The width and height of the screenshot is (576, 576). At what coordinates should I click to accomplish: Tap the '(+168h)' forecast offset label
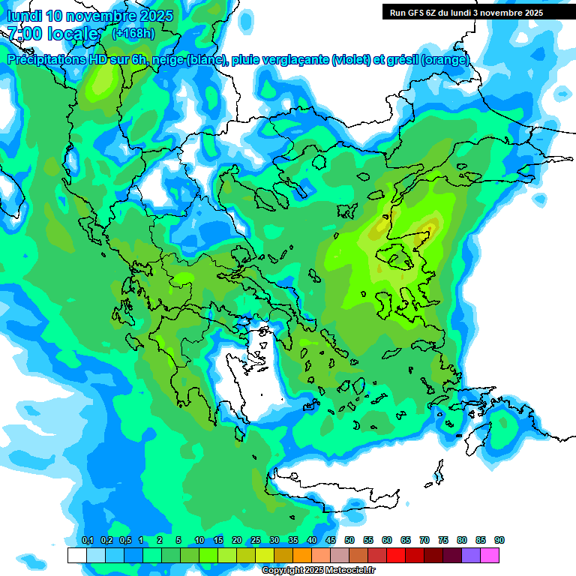tap(133, 33)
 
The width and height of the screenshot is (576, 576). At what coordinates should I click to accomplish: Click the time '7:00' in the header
tap(24, 34)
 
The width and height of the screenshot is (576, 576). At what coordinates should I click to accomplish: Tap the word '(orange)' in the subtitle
tap(448, 60)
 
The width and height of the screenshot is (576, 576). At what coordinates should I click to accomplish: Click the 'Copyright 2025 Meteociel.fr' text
tap(319, 571)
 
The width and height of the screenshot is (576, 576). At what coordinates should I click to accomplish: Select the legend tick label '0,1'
tap(87, 541)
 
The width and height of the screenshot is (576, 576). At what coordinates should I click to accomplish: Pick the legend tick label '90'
tap(499, 541)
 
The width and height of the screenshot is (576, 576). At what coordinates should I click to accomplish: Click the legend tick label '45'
tap(331, 541)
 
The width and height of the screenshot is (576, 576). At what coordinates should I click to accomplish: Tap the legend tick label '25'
tap(256, 541)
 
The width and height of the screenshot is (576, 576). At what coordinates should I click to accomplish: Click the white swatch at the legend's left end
tap(76, 555)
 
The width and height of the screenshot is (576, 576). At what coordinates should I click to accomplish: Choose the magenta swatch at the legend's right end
tap(490, 555)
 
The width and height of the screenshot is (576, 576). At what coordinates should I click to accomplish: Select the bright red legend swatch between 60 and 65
tap(396, 555)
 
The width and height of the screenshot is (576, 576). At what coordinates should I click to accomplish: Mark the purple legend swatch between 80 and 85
tap(471, 555)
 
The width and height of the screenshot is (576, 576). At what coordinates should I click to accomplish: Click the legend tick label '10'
tap(199, 541)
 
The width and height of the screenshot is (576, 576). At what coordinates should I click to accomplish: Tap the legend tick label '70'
tap(424, 541)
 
